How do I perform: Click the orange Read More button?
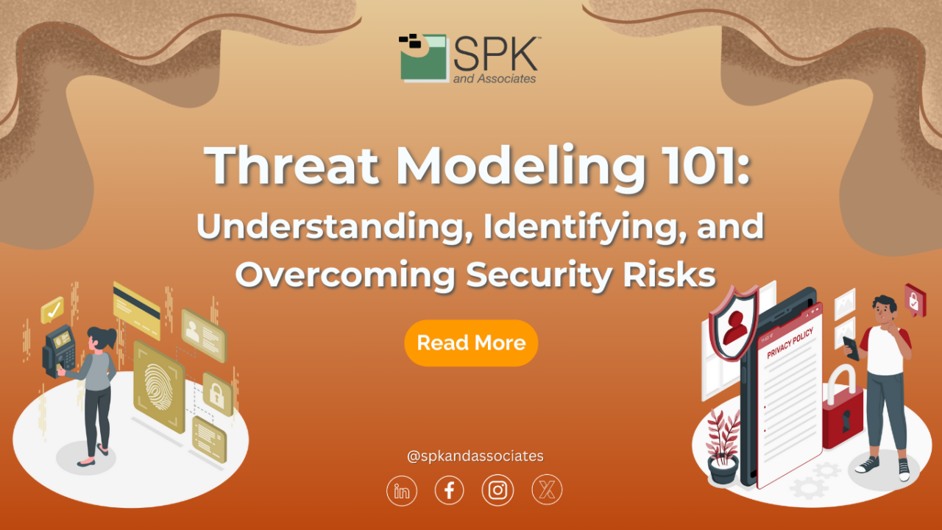coord(471,343)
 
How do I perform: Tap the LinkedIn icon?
coord(402,490)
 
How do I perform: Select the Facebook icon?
coord(449,490)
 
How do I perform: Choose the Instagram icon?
coord(497,490)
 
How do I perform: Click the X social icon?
coord(546,490)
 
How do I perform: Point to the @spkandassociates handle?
coord(475,456)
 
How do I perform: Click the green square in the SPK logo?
coord(423,59)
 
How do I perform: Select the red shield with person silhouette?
coord(733,325)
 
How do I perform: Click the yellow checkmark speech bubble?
coord(52,310)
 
